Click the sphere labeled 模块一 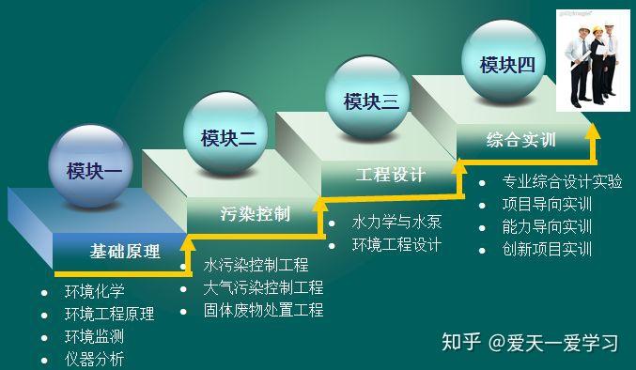click(x=91, y=170)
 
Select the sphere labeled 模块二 click(x=226, y=137)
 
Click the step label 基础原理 click(x=125, y=252)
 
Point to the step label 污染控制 click(x=255, y=213)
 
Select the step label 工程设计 click(x=391, y=176)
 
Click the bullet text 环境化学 click(x=94, y=291)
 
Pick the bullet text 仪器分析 click(x=94, y=359)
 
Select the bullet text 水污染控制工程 click(x=256, y=265)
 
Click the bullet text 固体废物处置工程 click(x=263, y=310)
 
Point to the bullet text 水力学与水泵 click(x=396, y=223)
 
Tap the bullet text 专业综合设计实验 click(x=562, y=182)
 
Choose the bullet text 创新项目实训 click(x=547, y=250)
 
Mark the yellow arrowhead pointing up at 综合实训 click(x=591, y=132)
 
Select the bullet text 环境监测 click(x=94, y=336)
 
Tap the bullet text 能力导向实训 click(x=547, y=227)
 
